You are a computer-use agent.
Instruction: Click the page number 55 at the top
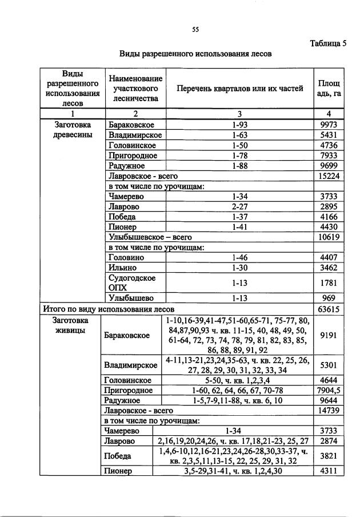point(195,30)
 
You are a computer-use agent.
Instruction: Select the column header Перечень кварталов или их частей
point(239,89)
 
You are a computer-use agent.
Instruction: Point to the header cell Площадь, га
point(329,89)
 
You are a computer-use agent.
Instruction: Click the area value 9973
point(329,124)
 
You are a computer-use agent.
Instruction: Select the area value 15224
point(329,176)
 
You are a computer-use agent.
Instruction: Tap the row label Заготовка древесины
point(73,129)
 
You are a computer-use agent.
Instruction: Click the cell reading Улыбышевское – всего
point(150,237)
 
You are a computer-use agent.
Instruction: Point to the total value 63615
point(329,309)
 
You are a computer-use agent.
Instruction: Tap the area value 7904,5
point(329,390)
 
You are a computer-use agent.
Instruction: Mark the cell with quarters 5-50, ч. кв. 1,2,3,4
point(236,380)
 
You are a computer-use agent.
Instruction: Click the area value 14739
point(329,411)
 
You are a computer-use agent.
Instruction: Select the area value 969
point(329,298)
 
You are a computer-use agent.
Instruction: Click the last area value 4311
point(329,472)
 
